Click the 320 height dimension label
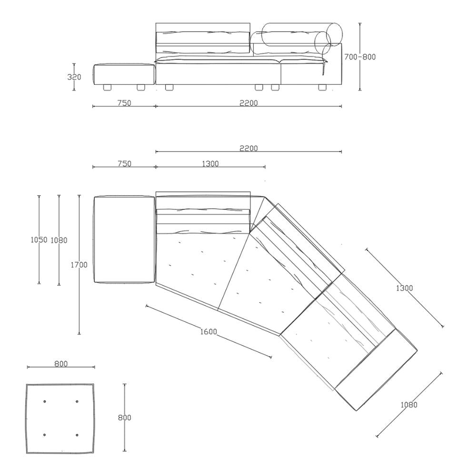[74, 77]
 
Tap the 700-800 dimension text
[360, 57]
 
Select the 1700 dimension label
[79, 265]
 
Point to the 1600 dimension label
[208, 331]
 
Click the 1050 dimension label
[39, 240]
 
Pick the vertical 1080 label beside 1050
[59, 240]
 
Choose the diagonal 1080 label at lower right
[409, 405]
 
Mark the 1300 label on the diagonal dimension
[404, 288]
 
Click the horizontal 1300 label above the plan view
[210, 164]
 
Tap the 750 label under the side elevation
[124, 103]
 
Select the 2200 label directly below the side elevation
[248, 103]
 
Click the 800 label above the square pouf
[61, 364]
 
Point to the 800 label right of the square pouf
[124, 418]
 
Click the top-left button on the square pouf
[45, 402]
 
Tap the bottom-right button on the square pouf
[77, 435]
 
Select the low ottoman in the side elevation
[124, 74]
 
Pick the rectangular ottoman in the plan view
[125, 240]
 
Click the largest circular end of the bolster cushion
[334, 34]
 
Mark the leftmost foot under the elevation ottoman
[107, 88]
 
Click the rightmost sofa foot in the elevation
[322, 88]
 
